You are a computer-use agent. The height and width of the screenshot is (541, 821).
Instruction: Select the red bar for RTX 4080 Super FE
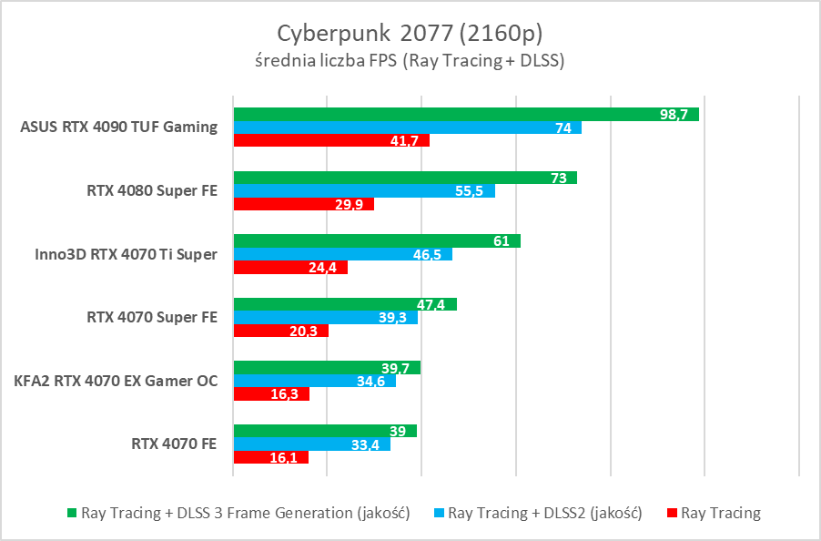coord(303,204)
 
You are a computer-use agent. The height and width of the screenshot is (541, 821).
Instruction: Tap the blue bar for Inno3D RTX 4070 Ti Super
coord(342,254)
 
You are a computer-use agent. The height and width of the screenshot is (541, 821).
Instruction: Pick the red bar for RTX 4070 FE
coord(270,457)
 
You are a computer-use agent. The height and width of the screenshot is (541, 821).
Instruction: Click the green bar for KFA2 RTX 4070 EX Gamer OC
coord(327,368)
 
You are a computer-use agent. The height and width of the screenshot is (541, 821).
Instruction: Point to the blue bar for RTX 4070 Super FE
coord(325,317)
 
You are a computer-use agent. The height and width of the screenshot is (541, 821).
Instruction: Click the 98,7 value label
coord(676,115)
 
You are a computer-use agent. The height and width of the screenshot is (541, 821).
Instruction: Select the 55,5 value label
coord(471,191)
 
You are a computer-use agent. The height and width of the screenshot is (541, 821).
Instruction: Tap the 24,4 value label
coord(324,268)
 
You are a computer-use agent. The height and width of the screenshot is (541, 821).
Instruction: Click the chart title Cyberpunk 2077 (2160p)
coord(410,34)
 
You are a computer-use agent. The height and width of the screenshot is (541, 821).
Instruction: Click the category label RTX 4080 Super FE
coord(152,191)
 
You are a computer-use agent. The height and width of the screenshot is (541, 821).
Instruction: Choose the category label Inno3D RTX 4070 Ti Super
coord(119,254)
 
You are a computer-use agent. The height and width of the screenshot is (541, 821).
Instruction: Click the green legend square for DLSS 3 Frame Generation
coord(72,514)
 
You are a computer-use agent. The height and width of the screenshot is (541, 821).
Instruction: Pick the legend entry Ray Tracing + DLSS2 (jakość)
coord(545,514)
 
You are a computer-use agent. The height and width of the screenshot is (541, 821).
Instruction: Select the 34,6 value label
coord(372,381)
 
